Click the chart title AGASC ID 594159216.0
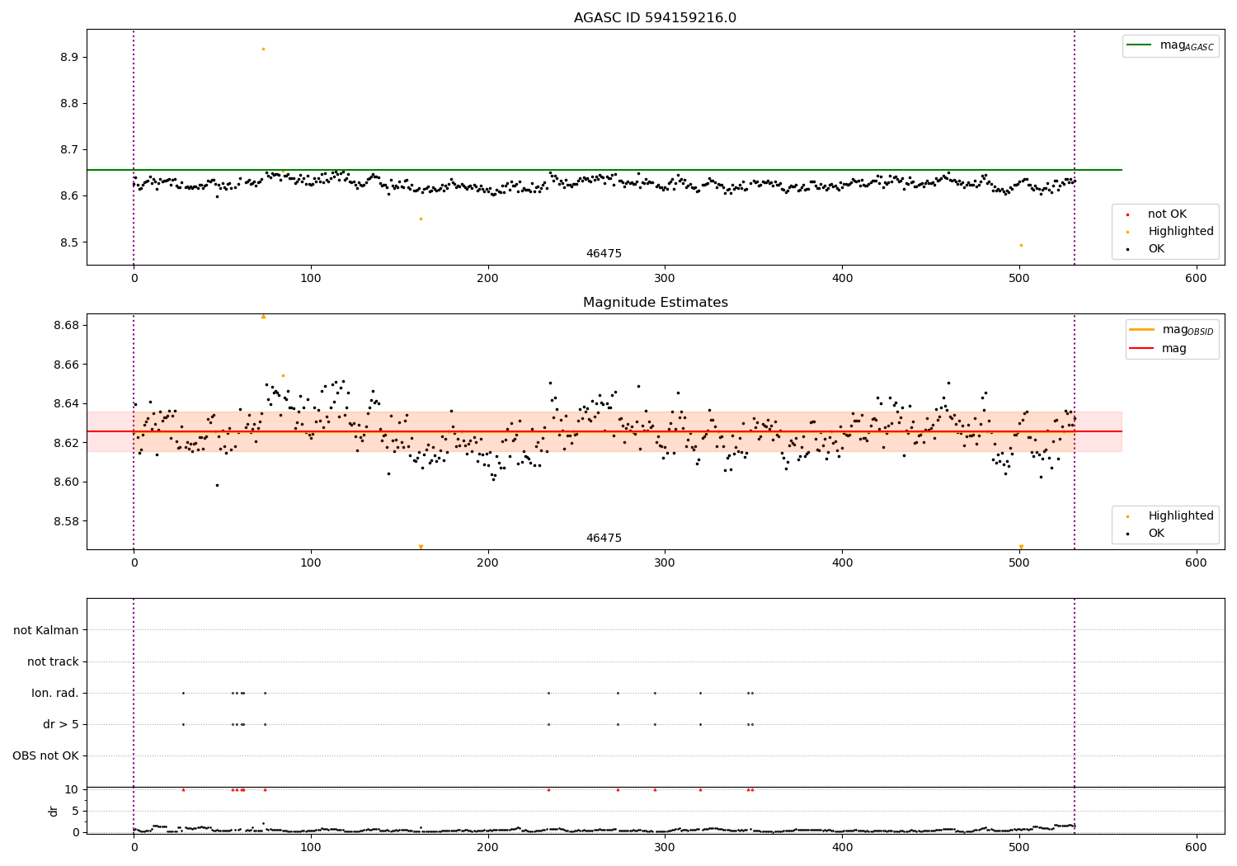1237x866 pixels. tap(655, 18)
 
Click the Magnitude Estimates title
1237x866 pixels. tap(655, 303)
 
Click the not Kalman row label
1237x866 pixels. tap(46, 631)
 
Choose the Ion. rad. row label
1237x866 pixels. tap(55, 694)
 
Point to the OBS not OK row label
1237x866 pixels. tap(46, 756)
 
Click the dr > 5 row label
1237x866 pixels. tap(61, 725)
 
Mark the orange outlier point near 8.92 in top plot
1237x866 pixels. tap(263, 49)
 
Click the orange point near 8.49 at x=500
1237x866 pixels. tap(1021, 245)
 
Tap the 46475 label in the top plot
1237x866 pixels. tap(604, 254)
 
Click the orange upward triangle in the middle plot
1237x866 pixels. tap(263, 316)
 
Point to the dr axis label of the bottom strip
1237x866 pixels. tap(54, 811)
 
